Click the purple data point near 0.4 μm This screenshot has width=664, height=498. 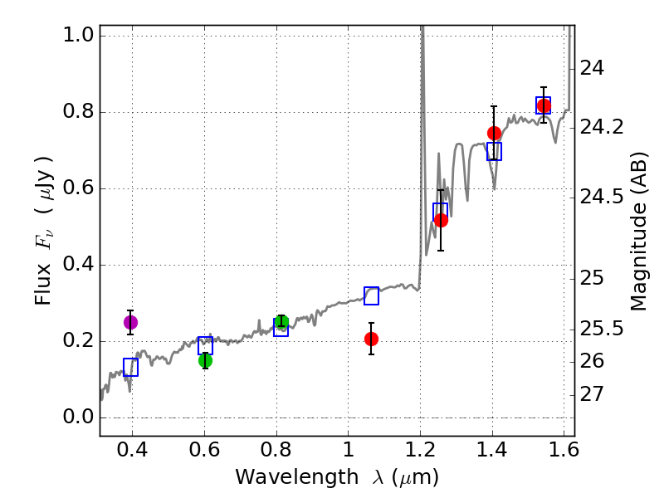coord(130,322)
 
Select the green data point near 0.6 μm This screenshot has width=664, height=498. coord(205,360)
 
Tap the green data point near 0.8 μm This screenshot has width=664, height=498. coord(281,322)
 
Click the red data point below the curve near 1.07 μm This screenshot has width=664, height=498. coord(371,339)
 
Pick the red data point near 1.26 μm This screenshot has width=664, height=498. coord(441,220)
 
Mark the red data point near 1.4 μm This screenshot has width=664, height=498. coord(494,133)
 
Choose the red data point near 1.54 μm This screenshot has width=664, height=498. coord(544,105)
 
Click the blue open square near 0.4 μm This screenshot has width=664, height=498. coord(130,367)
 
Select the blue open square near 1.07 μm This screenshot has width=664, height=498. coord(371,295)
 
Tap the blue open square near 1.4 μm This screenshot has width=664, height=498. coord(494,151)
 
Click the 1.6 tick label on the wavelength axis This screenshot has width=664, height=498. coord(564,453)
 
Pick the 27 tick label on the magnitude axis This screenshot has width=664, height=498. coord(594,393)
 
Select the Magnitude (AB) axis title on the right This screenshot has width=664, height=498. coord(638,231)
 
